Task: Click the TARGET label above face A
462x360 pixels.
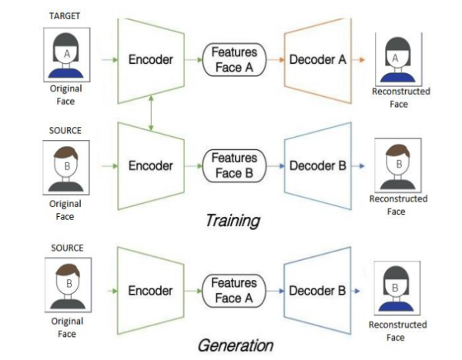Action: pyautogui.click(x=65, y=16)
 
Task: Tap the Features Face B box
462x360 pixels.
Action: pyautogui.click(x=234, y=165)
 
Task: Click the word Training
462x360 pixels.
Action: pyautogui.click(x=233, y=221)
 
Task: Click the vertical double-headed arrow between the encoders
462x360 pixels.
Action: pyautogui.click(x=150, y=112)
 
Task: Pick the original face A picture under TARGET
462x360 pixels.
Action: pyautogui.click(x=66, y=54)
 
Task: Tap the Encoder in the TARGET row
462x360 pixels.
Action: pyautogui.click(x=150, y=58)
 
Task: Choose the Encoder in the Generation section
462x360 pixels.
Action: pyautogui.click(x=150, y=291)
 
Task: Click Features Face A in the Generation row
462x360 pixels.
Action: pyautogui.click(x=234, y=291)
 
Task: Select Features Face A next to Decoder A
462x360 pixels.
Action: pyautogui.click(x=234, y=58)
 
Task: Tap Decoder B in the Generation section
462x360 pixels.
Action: pyautogui.click(x=316, y=291)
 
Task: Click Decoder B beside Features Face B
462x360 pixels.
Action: pyautogui.click(x=316, y=165)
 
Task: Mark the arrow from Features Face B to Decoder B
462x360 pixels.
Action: pyautogui.click(x=274, y=165)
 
